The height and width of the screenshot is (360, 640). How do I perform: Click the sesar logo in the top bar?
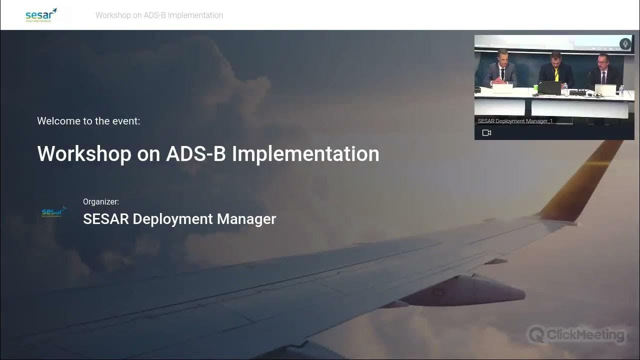pyautogui.click(x=41, y=15)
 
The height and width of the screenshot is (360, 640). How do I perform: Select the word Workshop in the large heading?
pyautogui.click(x=84, y=153)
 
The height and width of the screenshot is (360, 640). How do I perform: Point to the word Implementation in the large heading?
pyautogui.click(x=305, y=153)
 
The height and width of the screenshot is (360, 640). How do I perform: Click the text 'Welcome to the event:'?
pyautogui.click(x=88, y=121)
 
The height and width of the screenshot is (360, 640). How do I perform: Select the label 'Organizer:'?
pyautogui.click(x=101, y=202)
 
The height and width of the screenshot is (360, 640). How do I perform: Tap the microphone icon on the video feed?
pyautogui.click(x=625, y=44)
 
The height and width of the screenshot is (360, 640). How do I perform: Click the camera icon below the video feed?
pyautogui.click(x=486, y=133)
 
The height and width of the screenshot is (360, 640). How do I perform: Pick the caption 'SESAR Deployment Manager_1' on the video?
pyautogui.click(x=515, y=121)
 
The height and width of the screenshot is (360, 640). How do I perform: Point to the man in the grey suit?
pyautogui.click(x=500, y=70)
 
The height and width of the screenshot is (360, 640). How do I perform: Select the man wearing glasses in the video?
pyautogui.click(x=602, y=72)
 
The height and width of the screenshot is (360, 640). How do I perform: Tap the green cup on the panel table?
pyautogui.click(x=535, y=89)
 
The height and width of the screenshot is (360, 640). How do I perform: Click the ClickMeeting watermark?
pyautogui.click(x=577, y=334)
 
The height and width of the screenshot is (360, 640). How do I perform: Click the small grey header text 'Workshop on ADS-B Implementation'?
pyautogui.click(x=159, y=15)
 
